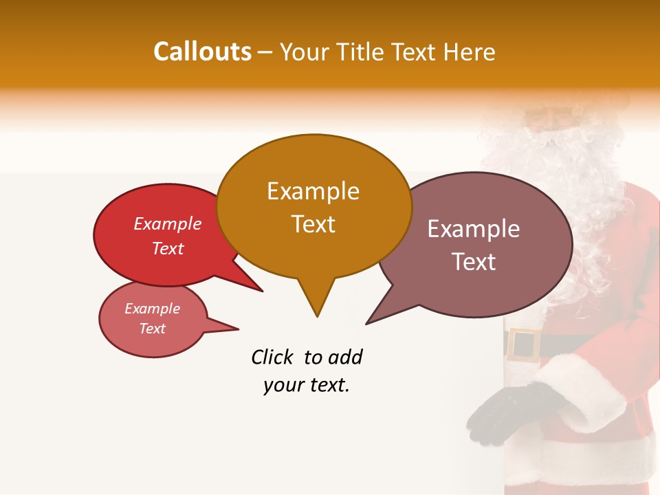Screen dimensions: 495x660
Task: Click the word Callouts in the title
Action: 202,52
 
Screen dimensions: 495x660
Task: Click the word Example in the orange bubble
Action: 313,191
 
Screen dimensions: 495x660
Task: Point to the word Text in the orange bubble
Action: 313,223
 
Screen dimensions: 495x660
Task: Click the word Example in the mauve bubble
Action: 474,229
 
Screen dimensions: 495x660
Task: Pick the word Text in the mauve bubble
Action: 474,262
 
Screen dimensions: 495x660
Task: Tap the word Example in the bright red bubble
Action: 168,224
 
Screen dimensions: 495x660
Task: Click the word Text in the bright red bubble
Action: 168,248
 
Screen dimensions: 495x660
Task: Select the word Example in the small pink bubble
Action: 152,309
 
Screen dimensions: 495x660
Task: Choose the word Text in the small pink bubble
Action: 152,329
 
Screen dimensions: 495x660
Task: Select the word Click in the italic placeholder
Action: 274,357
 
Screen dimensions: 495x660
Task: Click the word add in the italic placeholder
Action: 345,357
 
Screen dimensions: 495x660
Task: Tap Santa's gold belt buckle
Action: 525,344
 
